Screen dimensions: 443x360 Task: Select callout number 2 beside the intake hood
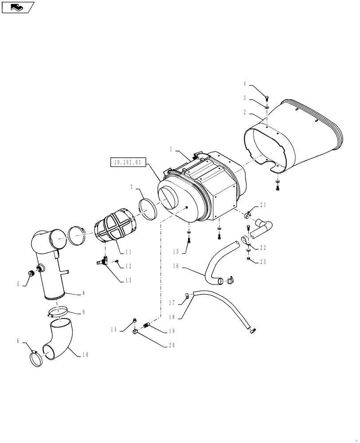pyautogui.click(x=244, y=113)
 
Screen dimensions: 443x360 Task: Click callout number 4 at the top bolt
pyautogui.click(x=244, y=82)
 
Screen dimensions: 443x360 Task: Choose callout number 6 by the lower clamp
pyautogui.click(x=18, y=341)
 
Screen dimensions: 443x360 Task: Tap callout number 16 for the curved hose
pyautogui.click(x=176, y=266)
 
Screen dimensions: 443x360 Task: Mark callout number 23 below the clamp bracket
pyautogui.click(x=263, y=262)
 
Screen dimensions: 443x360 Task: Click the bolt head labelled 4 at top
pyautogui.click(x=266, y=98)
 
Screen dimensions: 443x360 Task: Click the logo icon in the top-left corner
pyautogui.click(x=17, y=7)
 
